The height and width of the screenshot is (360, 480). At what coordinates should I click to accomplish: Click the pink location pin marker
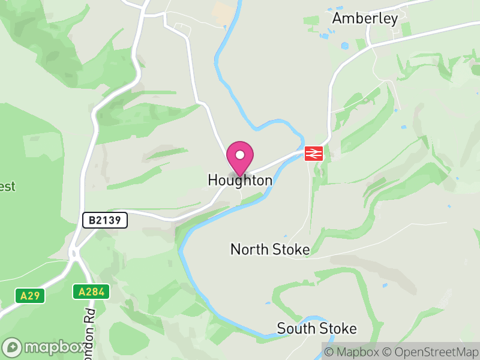click(x=240, y=158)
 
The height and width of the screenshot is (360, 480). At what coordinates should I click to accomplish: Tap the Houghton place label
click(x=239, y=180)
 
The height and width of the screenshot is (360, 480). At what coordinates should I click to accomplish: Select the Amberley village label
click(x=365, y=19)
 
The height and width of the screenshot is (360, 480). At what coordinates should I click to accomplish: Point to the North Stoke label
click(x=270, y=250)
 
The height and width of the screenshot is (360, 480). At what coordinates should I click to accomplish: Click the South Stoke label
click(x=316, y=329)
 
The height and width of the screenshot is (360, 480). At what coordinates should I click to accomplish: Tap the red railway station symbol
click(x=314, y=153)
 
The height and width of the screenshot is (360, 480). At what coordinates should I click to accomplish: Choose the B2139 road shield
click(x=105, y=220)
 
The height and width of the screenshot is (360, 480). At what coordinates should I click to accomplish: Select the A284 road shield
click(x=91, y=292)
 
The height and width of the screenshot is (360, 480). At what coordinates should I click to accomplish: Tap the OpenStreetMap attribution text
click(x=430, y=352)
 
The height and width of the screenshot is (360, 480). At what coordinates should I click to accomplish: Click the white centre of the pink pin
click(x=240, y=154)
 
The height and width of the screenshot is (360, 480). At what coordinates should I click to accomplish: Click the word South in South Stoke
click(x=296, y=329)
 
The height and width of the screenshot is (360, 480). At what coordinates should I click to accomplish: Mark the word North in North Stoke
click(x=249, y=250)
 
